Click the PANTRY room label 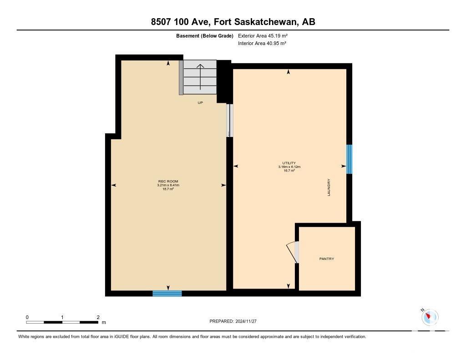click(x=327, y=259)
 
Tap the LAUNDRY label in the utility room click(x=329, y=188)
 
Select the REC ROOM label click(x=168, y=181)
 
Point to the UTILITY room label click(x=289, y=163)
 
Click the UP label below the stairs click(x=200, y=103)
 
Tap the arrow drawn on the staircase click(x=200, y=77)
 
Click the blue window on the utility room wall click(x=349, y=159)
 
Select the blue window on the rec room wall click(x=167, y=294)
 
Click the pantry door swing click(x=293, y=252)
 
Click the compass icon click(x=430, y=316)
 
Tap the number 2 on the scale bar click(x=98, y=318)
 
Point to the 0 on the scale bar click(x=27, y=318)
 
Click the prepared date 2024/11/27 click(x=246, y=321)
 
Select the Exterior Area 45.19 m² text click(x=263, y=36)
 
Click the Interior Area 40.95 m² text click(x=262, y=43)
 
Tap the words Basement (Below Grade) click(x=205, y=36)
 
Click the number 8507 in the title click(x=161, y=22)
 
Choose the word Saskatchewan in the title click(x=266, y=22)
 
